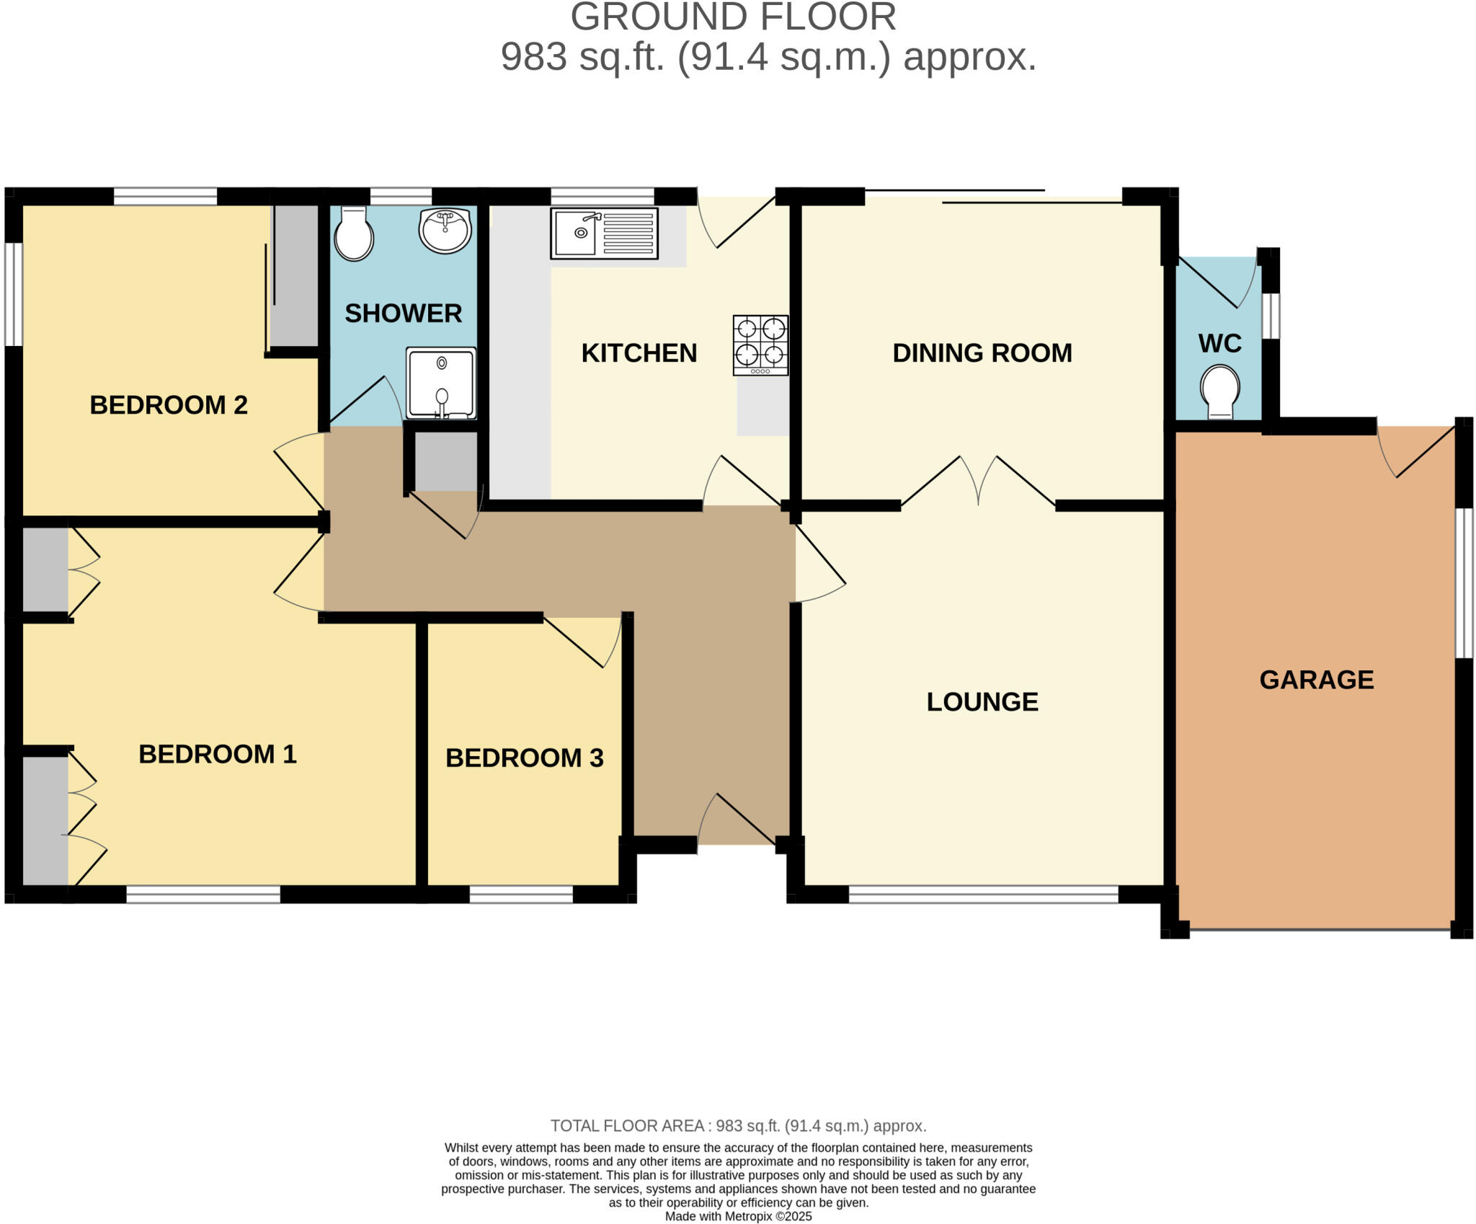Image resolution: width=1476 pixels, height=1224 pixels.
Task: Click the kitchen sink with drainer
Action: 604,233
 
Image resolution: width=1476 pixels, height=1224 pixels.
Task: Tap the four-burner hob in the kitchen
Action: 760,345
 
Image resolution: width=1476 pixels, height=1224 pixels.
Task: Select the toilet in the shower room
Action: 354,233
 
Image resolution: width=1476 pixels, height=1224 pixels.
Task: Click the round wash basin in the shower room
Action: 445,230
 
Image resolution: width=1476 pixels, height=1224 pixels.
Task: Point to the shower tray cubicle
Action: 441,383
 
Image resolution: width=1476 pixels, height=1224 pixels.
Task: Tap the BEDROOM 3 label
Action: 524,758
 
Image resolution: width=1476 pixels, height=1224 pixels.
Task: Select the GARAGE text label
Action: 1316,680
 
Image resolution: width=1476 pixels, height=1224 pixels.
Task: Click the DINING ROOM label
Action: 982,353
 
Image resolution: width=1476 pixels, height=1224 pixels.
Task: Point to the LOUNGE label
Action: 982,702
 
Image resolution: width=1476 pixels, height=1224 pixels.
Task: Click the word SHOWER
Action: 403,314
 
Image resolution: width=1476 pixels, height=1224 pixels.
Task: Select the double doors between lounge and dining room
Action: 978,482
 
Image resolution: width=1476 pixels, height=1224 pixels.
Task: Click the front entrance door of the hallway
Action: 737,822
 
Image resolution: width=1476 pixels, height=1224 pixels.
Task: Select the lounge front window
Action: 983,895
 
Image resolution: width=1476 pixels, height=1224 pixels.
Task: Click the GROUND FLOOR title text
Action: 733,17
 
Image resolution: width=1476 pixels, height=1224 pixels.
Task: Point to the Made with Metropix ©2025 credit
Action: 738,1216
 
